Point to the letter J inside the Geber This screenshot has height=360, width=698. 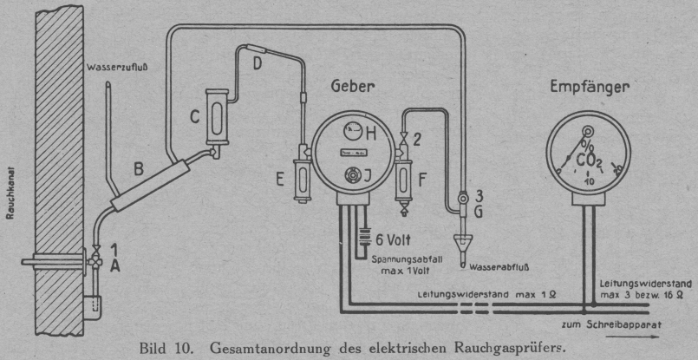point(370,176)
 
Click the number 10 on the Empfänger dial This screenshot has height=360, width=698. point(590,182)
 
